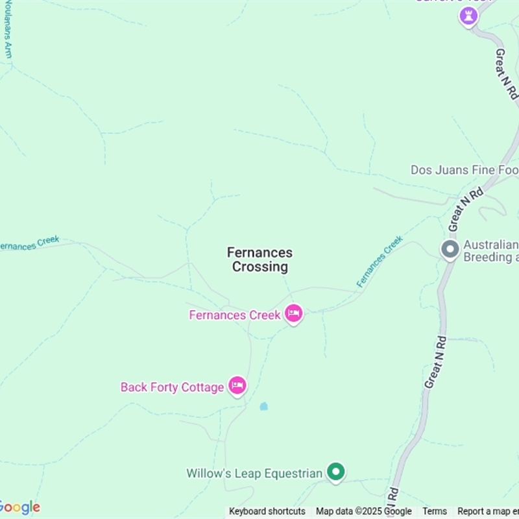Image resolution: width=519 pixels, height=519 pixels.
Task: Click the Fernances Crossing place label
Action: [x=259, y=259]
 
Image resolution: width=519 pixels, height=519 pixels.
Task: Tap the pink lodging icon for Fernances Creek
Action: [x=294, y=314]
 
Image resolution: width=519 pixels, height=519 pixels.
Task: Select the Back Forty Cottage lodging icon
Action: [x=237, y=386]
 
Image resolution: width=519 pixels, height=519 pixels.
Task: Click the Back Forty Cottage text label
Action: [x=172, y=387]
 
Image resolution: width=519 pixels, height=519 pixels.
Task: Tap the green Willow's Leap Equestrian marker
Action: [x=335, y=472]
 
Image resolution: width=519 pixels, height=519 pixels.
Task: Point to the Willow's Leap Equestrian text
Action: [x=254, y=474]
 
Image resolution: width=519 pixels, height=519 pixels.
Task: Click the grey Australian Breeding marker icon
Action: [x=450, y=250]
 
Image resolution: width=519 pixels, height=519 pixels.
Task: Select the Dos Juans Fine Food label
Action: [x=465, y=170]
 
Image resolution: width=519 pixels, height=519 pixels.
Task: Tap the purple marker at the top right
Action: [x=468, y=16]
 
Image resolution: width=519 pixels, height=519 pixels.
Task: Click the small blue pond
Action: [x=263, y=407]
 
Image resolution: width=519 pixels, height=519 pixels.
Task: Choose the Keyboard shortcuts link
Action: [x=267, y=511]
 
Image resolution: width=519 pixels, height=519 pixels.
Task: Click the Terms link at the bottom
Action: [x=435, y=511]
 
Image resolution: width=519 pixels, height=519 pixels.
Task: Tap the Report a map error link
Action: [x=488, y=511]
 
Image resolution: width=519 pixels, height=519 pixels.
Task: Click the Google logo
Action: [x=19, y=507]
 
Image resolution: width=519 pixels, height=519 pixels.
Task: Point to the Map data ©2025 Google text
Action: [x=364, y=511]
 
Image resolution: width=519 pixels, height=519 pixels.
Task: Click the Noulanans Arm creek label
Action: [x=8, y=29]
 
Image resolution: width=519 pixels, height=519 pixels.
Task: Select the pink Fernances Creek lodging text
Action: [x=235, y=315]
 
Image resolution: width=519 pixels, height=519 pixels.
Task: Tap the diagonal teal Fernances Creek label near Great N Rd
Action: [x=380, y=261]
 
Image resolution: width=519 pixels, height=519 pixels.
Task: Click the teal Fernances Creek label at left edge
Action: [x=30, y=243]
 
